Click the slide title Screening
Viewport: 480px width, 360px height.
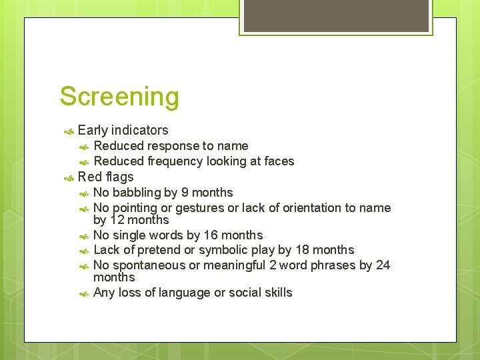click(x=119, y=97)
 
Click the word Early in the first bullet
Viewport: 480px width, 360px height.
click(x=93, y=130)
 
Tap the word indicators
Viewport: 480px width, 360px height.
click(x=140, y=130)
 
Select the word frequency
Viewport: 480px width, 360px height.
click(x=175, y=161)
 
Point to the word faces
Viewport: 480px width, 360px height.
click(x=279, y=161)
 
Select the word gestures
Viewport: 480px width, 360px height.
click(x=201, y=208)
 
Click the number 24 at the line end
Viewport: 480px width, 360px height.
click(x=383, y=265)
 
